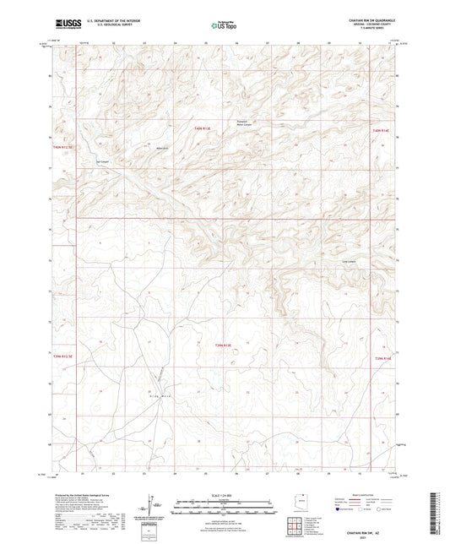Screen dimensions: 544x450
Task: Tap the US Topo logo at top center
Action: pos(224,25)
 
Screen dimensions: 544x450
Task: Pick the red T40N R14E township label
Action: pos(382,130)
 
